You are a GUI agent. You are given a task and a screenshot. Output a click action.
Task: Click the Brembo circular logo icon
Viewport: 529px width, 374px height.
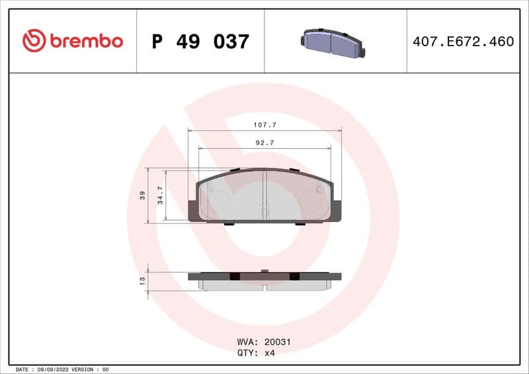(x=34, y=41)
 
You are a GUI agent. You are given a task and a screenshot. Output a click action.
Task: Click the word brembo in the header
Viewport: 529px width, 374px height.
(x=85, y=41)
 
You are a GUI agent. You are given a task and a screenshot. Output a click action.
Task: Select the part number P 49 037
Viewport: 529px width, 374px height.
(x=200, y=42)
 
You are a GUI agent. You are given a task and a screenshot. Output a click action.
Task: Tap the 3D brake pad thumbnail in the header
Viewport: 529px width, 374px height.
(x=332, y=42)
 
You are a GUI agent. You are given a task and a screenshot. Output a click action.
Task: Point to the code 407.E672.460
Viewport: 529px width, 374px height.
(x=463, y=42)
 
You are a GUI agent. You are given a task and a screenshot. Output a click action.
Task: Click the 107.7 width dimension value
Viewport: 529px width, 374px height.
(x=264, y=124)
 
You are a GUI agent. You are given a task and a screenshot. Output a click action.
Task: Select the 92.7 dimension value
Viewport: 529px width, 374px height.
(x=264, y=143)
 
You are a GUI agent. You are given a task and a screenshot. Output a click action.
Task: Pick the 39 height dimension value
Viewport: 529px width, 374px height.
(x=142, y=195)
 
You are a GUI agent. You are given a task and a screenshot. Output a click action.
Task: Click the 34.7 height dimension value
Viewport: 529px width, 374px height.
(x=160, y=195)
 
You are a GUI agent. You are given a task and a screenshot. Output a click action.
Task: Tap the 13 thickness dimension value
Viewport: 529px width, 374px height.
(x=142, y=281)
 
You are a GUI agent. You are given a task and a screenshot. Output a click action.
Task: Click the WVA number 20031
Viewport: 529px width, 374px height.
(x=278, y=342)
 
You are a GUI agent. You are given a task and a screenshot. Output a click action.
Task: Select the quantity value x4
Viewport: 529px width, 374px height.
(x=269, y=353)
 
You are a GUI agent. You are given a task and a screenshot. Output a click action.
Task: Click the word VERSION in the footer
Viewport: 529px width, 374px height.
(x=83, y=369)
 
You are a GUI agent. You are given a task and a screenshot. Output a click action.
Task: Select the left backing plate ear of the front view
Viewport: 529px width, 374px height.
(x=193, y=210)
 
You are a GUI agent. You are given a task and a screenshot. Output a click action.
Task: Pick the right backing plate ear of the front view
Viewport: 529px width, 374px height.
(x=337, y=210)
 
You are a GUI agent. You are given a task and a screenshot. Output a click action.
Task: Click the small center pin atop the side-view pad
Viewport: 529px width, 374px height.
(x=264, y=270)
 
